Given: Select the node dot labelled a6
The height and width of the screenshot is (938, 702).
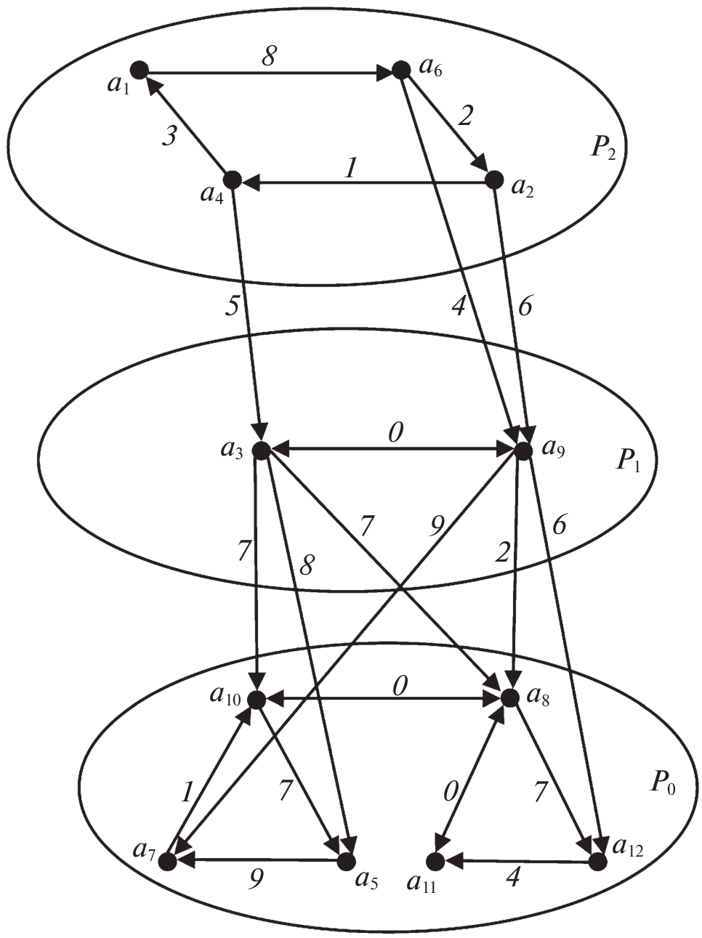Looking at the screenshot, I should pyautogui.click(x=400, y=70).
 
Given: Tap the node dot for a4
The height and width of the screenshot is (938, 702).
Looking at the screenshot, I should pyautogui.click(x=233, y=179).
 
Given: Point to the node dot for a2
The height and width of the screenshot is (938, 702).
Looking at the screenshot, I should pyautogui.click(x=494, y=179).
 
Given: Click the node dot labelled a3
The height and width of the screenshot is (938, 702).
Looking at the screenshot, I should pyautogui.click(x=262, y=450).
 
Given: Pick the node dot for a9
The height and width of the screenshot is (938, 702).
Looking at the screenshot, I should pyautogui.click(x=523, y=450).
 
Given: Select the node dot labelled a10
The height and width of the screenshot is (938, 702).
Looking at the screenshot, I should pyautogui.click(x=257, y=699).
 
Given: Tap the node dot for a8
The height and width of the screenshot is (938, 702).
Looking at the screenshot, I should pyautogui.click(x=509, y=698).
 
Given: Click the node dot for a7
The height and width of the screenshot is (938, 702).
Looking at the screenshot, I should pyautogui.click(x=167, y=861).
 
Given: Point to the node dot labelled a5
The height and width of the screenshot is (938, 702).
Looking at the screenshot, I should pyautogui.click(x=347, y=861).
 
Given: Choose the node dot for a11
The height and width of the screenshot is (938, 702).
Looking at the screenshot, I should pyautogui.click(x=435, y=862).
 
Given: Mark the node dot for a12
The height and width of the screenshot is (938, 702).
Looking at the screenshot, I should pyautogui.click(x=597, y=862).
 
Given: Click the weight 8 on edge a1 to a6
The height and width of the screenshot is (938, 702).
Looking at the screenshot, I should pyautogui.click(x=268, y=57).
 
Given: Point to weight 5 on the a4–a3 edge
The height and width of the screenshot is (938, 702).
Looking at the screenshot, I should pyautogui.click(x=232, y=305).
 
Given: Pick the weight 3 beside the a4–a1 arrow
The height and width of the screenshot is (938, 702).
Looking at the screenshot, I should pyautogui.click(x=169, y=137).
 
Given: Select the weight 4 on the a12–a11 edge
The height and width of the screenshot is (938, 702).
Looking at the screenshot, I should pyautogui.click(x=512, y=878).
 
